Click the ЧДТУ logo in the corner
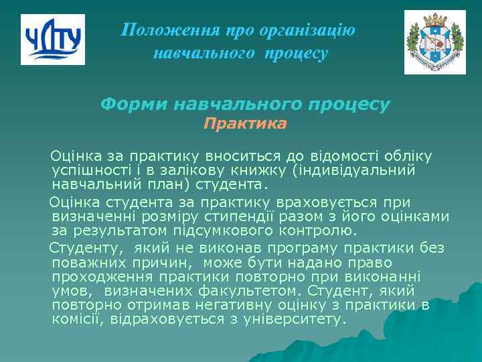click(x=52, y=40)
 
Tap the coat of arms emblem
click(x=434, y=42)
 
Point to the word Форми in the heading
click(x=134, y=105)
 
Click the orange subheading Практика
click(x=245, y=124)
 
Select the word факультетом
click(x=248, y=291)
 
